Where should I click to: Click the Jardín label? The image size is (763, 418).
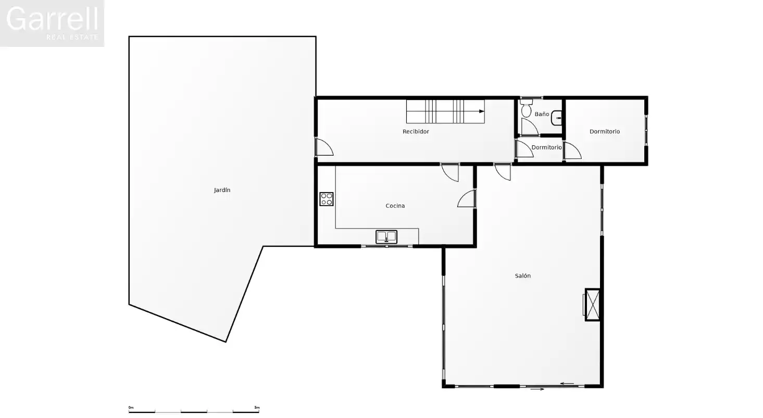(222, 191)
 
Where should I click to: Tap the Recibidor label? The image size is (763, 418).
(416, 131)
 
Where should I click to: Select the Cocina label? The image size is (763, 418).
(395, 206)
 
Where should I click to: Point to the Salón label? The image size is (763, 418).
(522, 276)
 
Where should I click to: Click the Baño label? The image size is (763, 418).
(542, 114)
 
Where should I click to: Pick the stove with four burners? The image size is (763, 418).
(327, 199)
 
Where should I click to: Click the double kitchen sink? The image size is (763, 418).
(386, 237)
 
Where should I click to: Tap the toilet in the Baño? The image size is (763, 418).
(526, 108)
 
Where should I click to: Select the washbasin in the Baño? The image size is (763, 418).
(557, 118)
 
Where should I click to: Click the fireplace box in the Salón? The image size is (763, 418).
(592, 305)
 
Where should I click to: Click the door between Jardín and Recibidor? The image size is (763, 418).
(324, 147)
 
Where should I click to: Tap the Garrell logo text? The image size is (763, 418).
(52, 19)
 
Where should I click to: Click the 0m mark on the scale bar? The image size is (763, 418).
(131, 408)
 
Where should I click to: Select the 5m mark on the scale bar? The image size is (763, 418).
(257, 408)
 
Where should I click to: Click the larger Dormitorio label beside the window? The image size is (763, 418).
(605, 131)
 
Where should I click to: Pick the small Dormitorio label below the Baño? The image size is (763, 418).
(546, 147)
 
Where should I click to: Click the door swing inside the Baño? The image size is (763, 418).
(530, 126)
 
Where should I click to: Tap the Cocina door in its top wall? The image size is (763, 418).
(451, 173)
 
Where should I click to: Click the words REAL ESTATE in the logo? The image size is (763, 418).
(72, 37)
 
